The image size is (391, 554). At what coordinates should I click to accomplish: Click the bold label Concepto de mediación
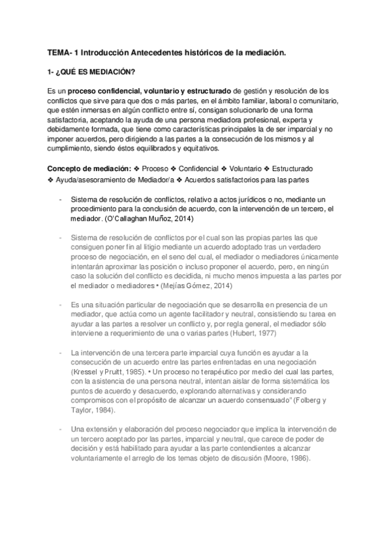(88, 168)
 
